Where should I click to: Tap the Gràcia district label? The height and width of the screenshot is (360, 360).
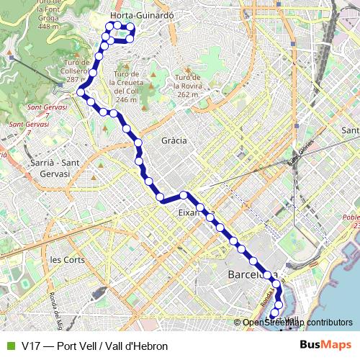(x=174, y=140)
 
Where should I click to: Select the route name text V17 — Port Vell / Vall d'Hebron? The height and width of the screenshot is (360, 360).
(x=94, y=346)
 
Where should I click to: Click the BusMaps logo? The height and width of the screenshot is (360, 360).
(x=326, y=346)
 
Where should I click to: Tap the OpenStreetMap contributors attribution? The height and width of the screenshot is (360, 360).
(x=297, y=323)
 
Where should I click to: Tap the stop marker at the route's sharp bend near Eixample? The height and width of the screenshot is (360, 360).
(x=184, y=195)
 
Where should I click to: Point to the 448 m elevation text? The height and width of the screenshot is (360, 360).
(x=48, y=27)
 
